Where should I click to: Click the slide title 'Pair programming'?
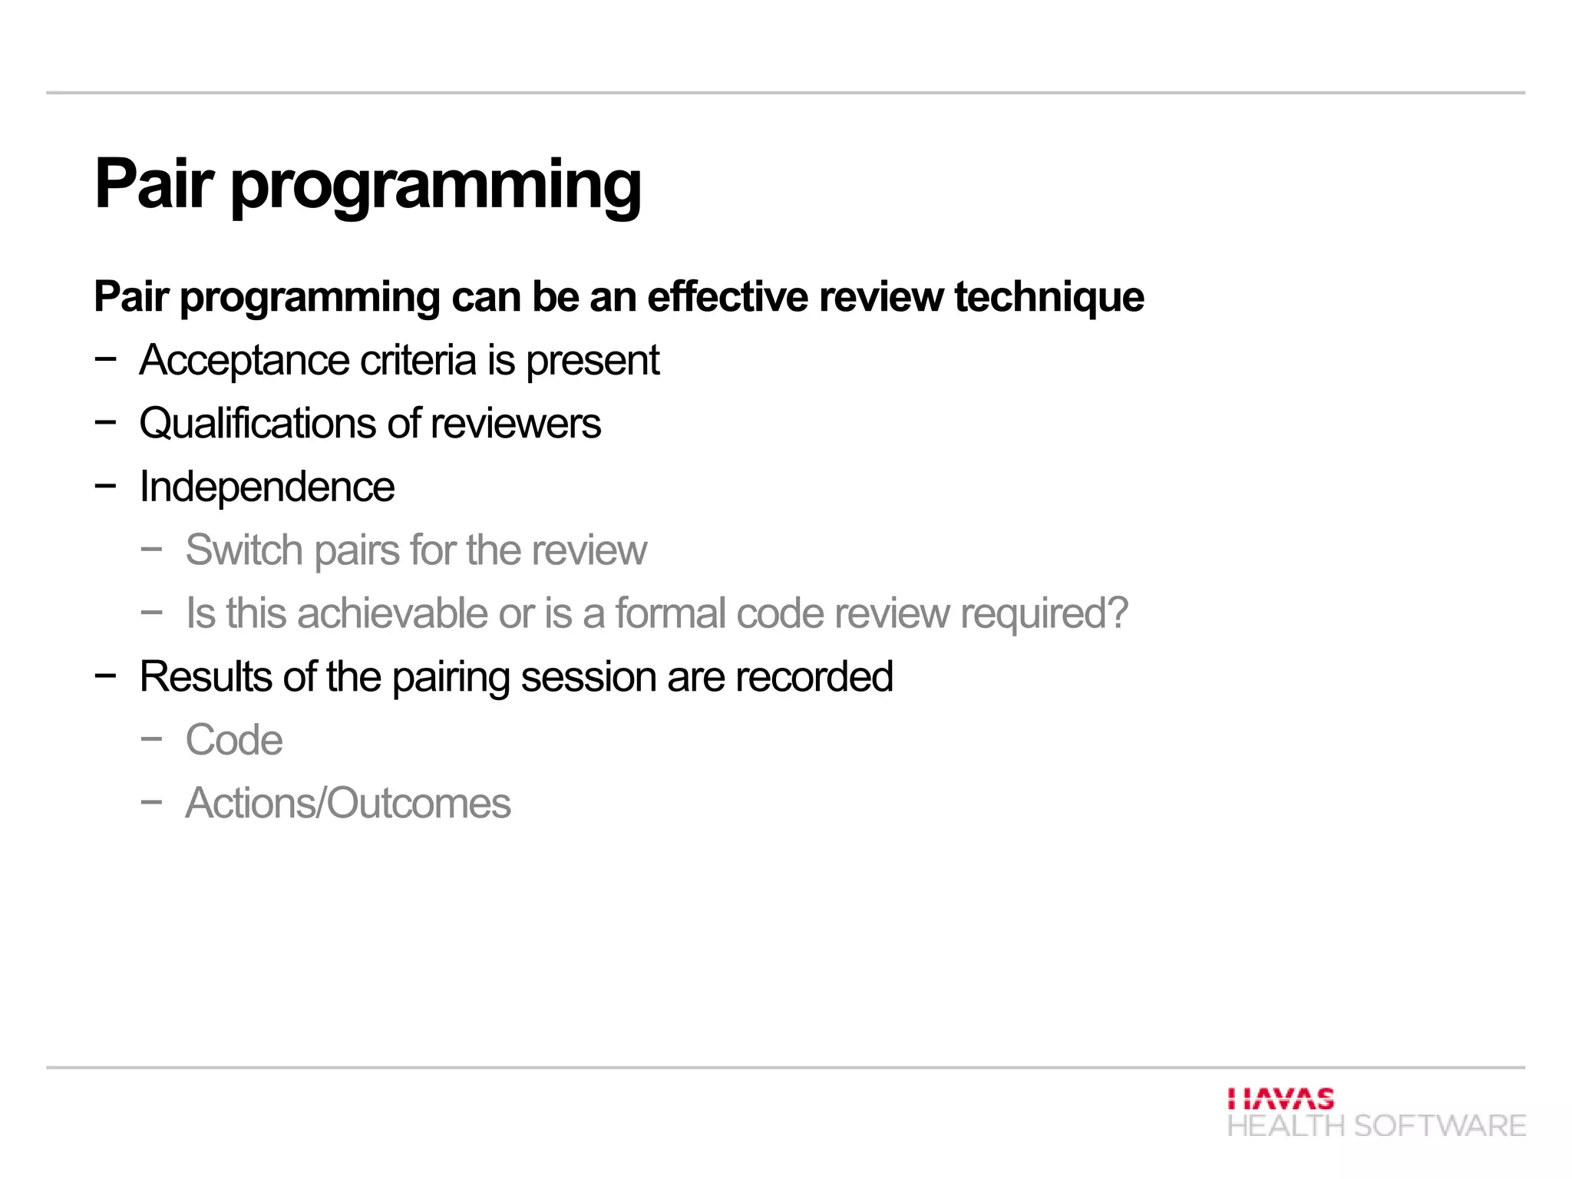pos(367,184)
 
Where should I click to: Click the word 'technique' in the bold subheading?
pos(1049,298)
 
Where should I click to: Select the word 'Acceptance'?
pos(244,361)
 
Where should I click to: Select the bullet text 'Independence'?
pos(266,487)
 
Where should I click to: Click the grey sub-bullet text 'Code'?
pos(233,740)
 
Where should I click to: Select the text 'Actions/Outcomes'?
pos(348,804)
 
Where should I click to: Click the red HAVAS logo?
pos(1280,1098)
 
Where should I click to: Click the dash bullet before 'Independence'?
pos(105,485)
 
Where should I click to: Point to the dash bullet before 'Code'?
pos(151,738)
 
